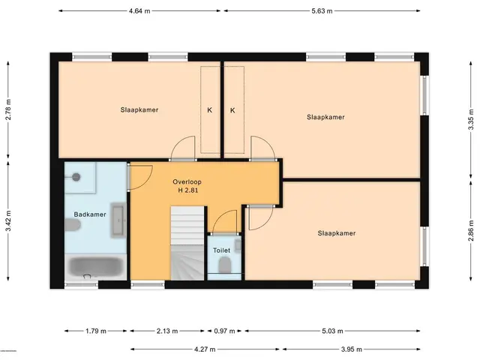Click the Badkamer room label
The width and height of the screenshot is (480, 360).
pyautogui.click(x=90, y=214)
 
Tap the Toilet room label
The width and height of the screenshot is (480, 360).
pyautogui.click(x=222, y=250)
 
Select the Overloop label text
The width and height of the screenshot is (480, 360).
pyautogui.click(x=187, y=181)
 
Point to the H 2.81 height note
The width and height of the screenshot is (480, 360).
pyautogui.click(x=188, y=190)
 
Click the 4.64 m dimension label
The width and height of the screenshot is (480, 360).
pyautogui.click(x=139, y=11)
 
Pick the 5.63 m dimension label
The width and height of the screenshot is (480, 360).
pyautogui.click(x=322, y=11)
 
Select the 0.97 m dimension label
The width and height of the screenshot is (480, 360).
pyautogui.click(x=224, y=331)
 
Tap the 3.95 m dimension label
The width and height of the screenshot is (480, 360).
pyautogui.click(x=352, y=349)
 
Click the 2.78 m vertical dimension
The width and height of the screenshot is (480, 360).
pyautogui.click(x=8, y=109)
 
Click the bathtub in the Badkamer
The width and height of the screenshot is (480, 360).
pyautogui.click(x=96, y=266)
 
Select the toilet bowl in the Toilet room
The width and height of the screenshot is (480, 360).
pyautogui.click(x=225, y=265)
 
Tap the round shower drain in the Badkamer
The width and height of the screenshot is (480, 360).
pyautogui.click(x=76, y=177)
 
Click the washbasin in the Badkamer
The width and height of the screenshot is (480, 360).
pyautogui.click(x=118, y=220)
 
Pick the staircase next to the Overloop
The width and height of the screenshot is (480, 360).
pyautogui.click(x=187, y=243)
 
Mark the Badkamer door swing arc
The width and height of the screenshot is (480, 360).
pyautogui.click(x=147, y=182)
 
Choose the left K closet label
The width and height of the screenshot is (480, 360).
pyautogui.click(x=210, y=110)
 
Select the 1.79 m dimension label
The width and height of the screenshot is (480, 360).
pyautogui.click(x=96, y=331)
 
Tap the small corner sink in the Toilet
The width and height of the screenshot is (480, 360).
pyautogui.click(x=238, y=244)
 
